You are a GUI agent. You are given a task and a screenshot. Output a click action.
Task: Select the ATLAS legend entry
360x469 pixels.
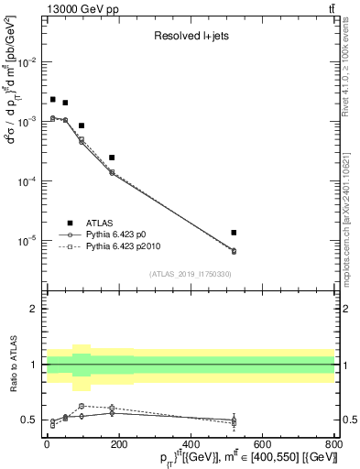click(x=101, y=222)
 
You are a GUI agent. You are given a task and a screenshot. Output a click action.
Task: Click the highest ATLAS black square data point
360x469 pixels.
click(x=53, y=99)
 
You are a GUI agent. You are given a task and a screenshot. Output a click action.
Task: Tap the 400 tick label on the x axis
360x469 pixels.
click(x=190, y=445)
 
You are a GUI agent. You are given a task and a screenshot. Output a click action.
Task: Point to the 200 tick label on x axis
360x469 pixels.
click(x=118, y=445)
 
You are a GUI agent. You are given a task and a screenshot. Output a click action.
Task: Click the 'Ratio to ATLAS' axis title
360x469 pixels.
click(x=13, y=368)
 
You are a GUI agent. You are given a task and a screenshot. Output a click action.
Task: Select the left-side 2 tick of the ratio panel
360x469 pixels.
click(x=33, y=309)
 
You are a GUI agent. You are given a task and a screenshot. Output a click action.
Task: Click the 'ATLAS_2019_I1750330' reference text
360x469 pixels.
click(x=191, y=274)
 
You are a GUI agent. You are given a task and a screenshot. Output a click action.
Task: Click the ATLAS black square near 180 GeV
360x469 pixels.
click(x=112, y=158)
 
